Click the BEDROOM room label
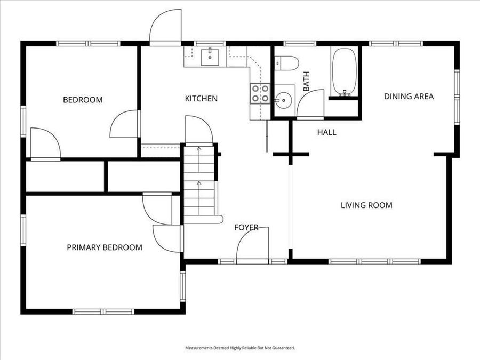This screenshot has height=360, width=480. (x=83, y=100)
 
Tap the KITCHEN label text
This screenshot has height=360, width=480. (x=201, y=98)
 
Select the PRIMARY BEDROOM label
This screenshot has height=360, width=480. (x=105, y=247)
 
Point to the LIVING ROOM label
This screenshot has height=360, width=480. (x=366, y=205)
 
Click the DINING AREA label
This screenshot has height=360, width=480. (x=409, y=97)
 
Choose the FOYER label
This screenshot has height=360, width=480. (x=246, y=228)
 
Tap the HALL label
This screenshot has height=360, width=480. (x=326, y=132)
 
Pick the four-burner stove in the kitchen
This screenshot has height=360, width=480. (x=260, y=94)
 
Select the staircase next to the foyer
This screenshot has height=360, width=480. (x=199, y=181)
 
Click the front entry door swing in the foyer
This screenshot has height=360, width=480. (x=252, y=244)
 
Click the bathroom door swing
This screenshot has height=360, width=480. (x=311, y=104)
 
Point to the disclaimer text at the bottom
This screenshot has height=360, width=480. (x=240, y=348)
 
